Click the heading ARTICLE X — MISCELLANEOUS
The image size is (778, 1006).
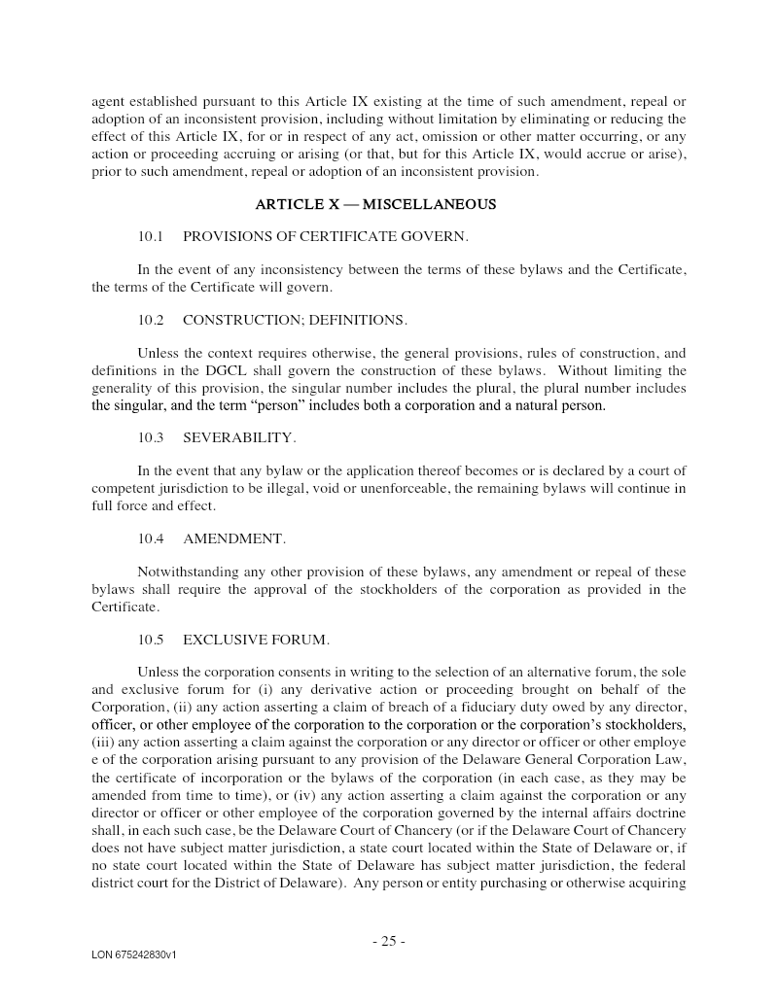point(375,204)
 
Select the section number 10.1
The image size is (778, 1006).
point(151,236)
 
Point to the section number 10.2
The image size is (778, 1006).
point(151,320)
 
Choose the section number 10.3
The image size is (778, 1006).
point(151,438)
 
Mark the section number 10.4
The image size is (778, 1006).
point(151,538)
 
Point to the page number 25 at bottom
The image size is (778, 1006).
point(388,940)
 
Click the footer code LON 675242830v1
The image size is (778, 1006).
point(134,955)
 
